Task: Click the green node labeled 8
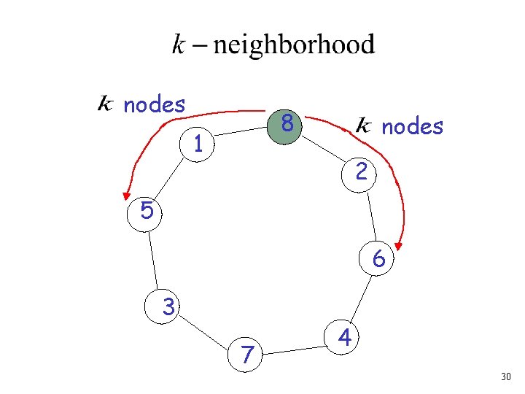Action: [x=287, y=125]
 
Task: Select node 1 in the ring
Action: [x=198, y=144]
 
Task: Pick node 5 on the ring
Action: [x=147, y=212]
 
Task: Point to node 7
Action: [x=248, y=355]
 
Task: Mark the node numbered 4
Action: [x=346, y=338]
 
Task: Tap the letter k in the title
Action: [x=179, y=46]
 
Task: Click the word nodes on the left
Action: [x=155, y=105]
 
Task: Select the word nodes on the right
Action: [x=412, y=127]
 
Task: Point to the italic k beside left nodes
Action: [x=106, y=105]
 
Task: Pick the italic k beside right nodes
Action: [x=364, y=127]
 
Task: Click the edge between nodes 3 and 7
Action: [x=207, y=331]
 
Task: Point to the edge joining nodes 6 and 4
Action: [x=362, y=298]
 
